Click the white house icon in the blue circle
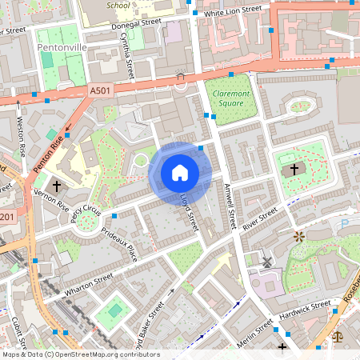tap(180, 173)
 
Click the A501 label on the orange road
tap(101, 91)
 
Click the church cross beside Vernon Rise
tap(57, 185)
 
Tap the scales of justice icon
tap(337, 338)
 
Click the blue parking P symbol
tap(346, 224)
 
